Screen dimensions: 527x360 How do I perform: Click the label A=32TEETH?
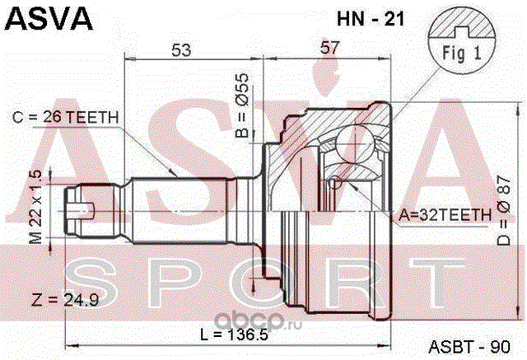tap(444, 214)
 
